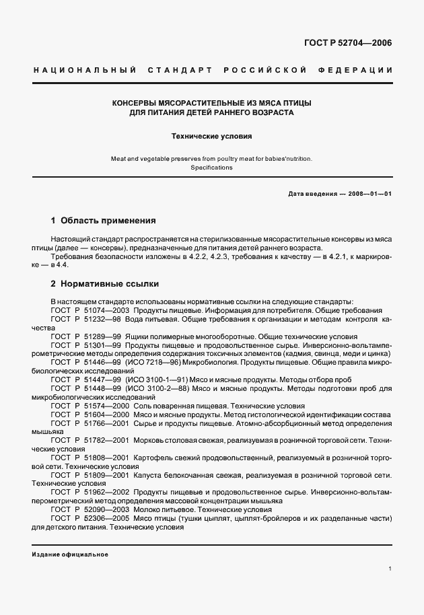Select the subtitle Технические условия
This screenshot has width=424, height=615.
point(211,135)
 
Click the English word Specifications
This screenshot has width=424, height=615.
point(211,168)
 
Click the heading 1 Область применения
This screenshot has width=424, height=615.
point(104,220)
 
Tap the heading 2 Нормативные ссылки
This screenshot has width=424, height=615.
point(104,284)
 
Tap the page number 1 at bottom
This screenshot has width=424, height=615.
point(390,569)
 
